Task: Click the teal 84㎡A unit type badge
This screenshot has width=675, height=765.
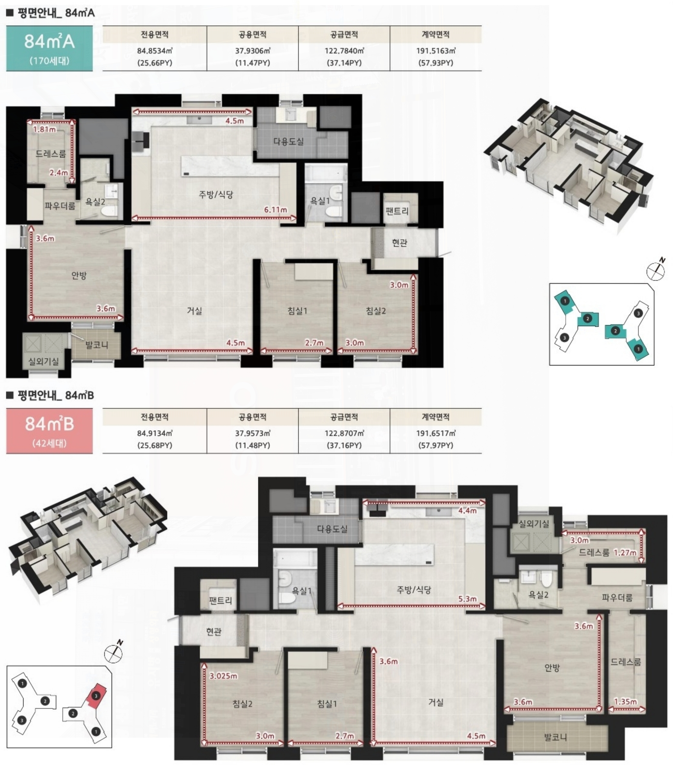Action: point(49,48)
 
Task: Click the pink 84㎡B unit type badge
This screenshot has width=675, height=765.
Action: point(49,431)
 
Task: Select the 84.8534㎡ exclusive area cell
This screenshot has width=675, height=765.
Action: point(155,57)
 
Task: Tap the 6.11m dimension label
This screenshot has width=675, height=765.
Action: point(275,210)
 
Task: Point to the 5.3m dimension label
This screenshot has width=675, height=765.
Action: point(467,599)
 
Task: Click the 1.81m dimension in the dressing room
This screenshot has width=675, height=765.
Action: point(44,129)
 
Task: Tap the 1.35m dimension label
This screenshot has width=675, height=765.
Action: point(625,702)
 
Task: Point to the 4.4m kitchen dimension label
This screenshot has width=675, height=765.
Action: point(467,510)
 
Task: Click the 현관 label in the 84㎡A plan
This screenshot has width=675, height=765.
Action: point(400,243)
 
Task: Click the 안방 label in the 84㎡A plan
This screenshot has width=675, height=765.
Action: point(79,275)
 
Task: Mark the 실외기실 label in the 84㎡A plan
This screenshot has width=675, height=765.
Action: point(43,362)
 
